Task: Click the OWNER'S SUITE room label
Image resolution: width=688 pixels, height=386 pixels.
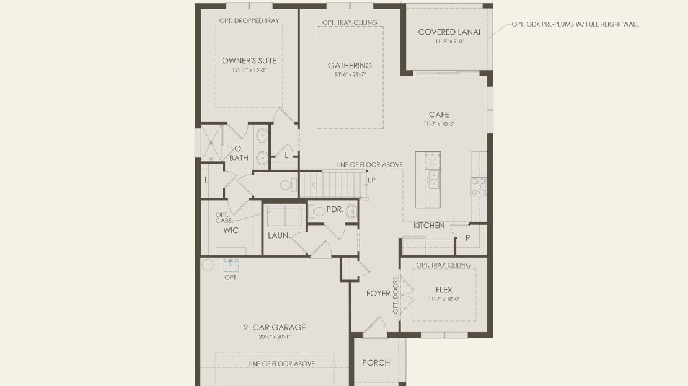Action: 249,61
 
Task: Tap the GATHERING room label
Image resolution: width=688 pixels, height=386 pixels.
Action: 350,65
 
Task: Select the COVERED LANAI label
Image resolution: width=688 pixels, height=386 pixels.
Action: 449,32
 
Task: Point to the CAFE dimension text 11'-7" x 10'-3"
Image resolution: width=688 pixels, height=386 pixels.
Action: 439,124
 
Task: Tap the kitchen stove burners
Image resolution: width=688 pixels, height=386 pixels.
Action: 479,186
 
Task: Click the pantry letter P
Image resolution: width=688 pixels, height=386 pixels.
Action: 468,238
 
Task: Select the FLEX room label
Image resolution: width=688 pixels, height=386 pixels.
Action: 444,290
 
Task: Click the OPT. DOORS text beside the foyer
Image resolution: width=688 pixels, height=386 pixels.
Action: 395,295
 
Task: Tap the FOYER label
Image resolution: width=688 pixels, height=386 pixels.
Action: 378,294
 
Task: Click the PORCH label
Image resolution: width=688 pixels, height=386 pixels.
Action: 376,362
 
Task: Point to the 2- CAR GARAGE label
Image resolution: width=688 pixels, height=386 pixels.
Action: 275,327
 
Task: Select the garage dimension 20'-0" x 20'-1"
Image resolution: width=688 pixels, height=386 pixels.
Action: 275,337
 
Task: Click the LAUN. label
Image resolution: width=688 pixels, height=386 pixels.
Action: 279,235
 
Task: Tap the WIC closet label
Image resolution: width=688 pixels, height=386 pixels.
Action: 231,230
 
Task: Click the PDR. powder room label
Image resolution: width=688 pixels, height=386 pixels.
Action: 335,209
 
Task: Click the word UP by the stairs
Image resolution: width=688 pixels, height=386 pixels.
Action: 371,180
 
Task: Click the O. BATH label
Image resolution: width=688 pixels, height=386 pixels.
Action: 239,154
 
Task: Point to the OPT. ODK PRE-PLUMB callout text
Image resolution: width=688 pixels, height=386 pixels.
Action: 575,24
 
